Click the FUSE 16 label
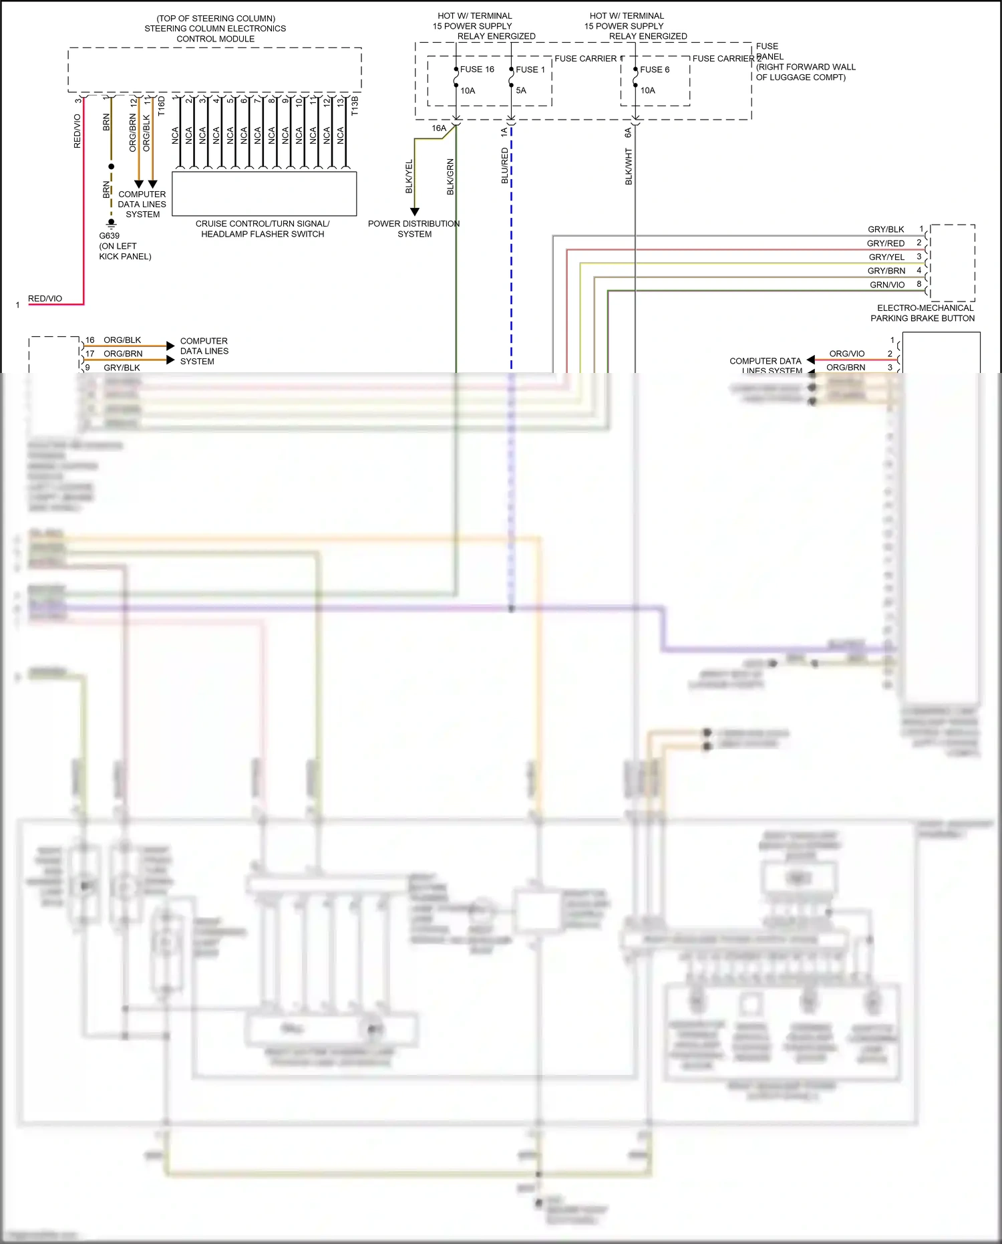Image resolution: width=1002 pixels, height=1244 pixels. [x=477, y=70]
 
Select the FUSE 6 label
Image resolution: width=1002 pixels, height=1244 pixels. [x=654, y=70]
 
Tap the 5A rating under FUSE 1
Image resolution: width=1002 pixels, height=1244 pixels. [x=521, y=90]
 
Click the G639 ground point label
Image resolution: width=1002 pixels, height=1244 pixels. [x=110, y=236]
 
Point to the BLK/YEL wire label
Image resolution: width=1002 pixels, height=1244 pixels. [x=409, y=176]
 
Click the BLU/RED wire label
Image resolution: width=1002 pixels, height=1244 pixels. [x=505, y=166]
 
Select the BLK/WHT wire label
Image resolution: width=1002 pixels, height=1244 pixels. [x=629, y=166]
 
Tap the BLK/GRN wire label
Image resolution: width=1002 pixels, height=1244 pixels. [x=450, y=176]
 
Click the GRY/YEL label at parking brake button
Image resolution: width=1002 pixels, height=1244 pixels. [x=886, y=257]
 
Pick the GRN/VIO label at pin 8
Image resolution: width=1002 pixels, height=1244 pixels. [x=887, y=285]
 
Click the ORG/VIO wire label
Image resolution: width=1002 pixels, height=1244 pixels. [x=846, y=354]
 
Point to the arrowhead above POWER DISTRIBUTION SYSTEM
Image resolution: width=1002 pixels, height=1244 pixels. [x=415, y=211]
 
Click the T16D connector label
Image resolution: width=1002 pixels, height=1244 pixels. [x=161, y=106]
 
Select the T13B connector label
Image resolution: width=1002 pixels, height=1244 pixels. [x=355, y=106]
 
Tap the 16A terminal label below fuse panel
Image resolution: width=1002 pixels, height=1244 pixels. [x=439, y=128]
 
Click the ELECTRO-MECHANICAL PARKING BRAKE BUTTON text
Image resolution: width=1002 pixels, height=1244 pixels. [x=923, y=313]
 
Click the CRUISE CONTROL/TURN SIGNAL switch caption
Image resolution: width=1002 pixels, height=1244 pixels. [x=263, y=229]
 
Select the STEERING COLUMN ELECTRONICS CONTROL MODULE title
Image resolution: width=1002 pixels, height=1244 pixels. [x=215, y=29]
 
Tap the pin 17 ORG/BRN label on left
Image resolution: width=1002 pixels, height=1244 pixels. [x=123, y=354]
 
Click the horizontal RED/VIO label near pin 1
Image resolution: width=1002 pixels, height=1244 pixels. [x=45, y=299]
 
